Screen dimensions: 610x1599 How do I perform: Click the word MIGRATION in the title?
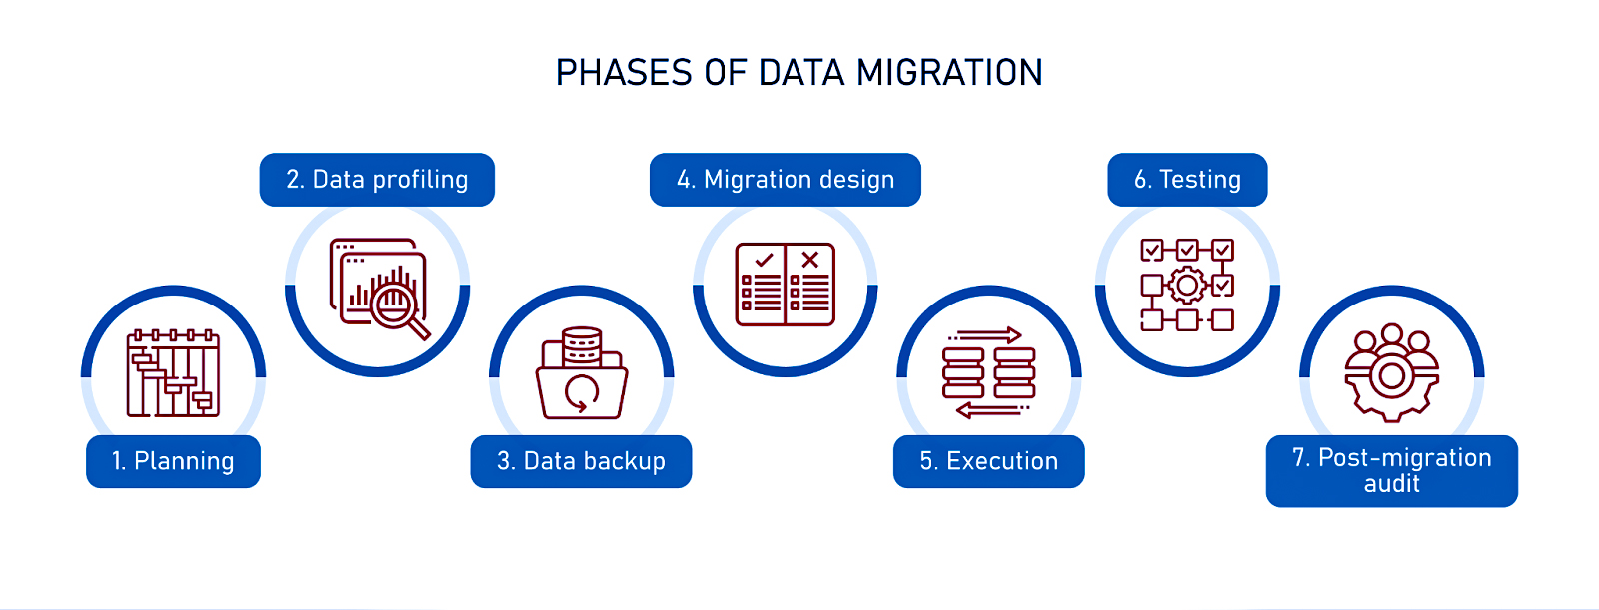click(x=949, y=73)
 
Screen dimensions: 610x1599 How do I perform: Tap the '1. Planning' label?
click(x=173, y=461)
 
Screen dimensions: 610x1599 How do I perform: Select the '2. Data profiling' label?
click(x=377, y=180)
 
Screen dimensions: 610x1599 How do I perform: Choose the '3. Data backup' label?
click(x=581, y=461)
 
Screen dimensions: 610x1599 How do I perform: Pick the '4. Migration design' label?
click(x=786, y=180)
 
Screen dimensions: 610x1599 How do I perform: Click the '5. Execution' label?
click(x=988, y=461)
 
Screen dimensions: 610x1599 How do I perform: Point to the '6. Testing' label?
click(x=1187, y=180)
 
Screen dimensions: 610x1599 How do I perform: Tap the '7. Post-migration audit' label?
click(x=1391, y=470)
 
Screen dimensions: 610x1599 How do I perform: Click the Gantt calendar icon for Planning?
click(x=173, y=373)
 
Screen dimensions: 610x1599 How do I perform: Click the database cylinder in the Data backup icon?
click(x=582, y=346)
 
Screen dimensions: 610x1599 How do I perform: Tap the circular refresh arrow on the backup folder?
click(x=582, y=392)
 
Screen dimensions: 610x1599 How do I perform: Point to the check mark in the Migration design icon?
click(x=765, y=260)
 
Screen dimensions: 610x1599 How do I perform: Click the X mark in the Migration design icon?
click(x=810, y=260)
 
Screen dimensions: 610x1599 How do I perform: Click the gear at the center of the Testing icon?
click(x=1187, y=286)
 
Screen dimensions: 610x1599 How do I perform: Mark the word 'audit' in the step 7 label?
click(x=1391, y=484)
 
